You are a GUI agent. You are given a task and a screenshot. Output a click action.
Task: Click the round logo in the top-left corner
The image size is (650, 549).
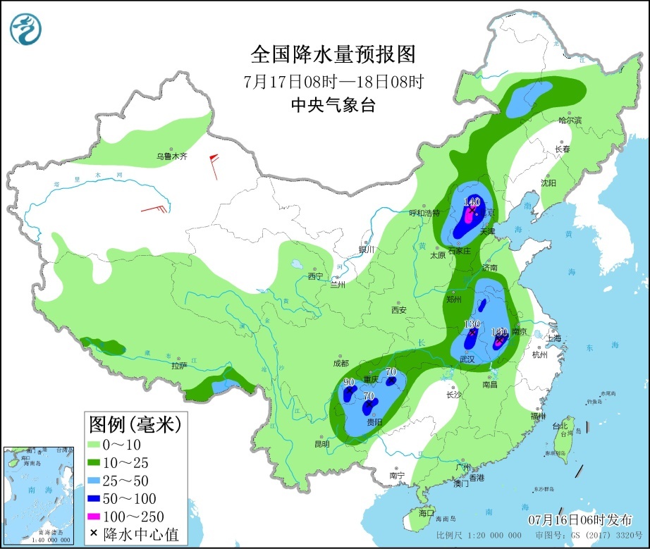point(25,28)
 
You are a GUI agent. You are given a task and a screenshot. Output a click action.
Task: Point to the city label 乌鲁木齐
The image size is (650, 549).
point(172,156)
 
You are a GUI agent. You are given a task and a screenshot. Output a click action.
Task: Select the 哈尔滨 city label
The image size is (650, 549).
point(570,121)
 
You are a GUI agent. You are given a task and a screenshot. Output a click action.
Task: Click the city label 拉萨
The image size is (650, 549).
point(178,366)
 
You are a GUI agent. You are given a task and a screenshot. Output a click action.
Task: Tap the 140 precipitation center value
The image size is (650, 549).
point(472,202)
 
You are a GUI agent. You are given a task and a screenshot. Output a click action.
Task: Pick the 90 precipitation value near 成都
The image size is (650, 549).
point(348,383)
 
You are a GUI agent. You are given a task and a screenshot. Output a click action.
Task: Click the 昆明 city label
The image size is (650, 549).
point(321,444)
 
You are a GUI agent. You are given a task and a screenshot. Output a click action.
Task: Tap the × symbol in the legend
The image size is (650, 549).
point(94,534)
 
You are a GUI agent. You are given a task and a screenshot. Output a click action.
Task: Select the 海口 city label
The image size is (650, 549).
point(427,512)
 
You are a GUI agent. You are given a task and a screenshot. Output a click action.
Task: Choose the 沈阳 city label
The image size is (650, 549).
point(548,183)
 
